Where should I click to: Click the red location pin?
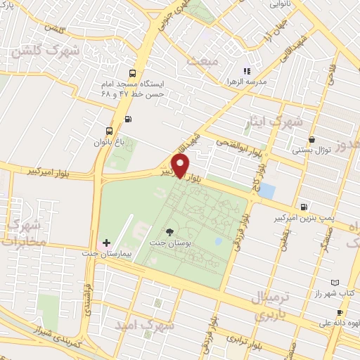coord(181,166)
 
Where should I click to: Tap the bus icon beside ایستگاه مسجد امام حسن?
coord(134,73)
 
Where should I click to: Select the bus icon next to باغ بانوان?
coord(108,131)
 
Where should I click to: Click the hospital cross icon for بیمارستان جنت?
coord(106,243)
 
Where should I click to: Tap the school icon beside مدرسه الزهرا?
coord(246,71)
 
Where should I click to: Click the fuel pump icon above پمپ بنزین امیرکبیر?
coord(303,207)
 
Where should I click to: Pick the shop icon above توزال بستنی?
coord(311,140)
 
